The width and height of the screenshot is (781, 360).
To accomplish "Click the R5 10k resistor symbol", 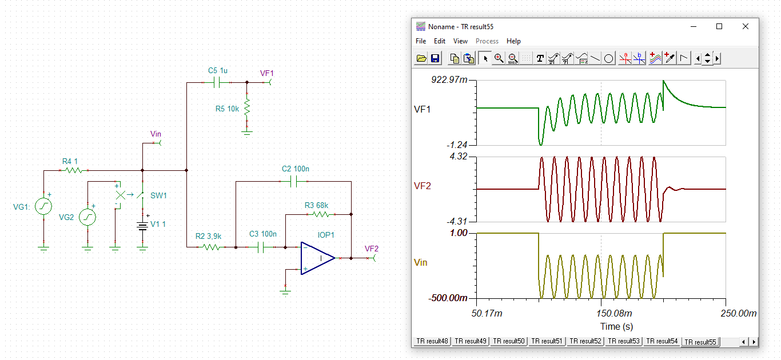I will (247, 109).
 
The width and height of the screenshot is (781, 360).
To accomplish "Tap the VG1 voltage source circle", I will (43, 206).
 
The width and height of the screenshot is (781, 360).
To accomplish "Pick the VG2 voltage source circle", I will (87, 217).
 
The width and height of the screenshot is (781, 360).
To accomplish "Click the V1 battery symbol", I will (142, 225).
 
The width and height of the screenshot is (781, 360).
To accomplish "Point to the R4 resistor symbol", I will (73, 170).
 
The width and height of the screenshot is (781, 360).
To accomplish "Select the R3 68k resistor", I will (320, 214).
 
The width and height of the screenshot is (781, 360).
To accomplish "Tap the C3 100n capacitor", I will (263, 247).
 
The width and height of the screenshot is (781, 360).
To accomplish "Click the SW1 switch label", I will (158, 195).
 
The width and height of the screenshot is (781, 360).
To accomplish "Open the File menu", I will (421, 41).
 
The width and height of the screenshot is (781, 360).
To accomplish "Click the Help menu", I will (513, 41).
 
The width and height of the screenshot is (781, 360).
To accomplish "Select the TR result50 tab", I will (509, 341).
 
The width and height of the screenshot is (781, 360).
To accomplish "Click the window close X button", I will (746, 26).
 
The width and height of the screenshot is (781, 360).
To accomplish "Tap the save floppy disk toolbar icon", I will (435, 58).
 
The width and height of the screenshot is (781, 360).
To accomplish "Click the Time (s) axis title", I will (616, 326).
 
